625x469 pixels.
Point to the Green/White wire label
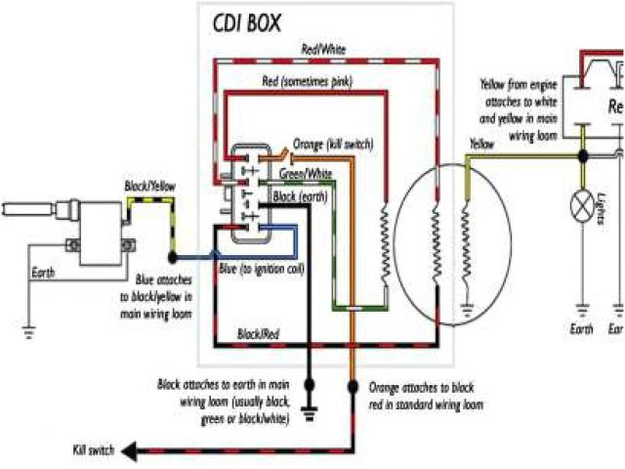(306, 174)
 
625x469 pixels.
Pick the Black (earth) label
(301, 196)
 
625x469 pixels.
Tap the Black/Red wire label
(260, 335)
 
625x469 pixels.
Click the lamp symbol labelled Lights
(582, 206)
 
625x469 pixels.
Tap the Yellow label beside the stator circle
(481, 145)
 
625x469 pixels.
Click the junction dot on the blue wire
(173, 257)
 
